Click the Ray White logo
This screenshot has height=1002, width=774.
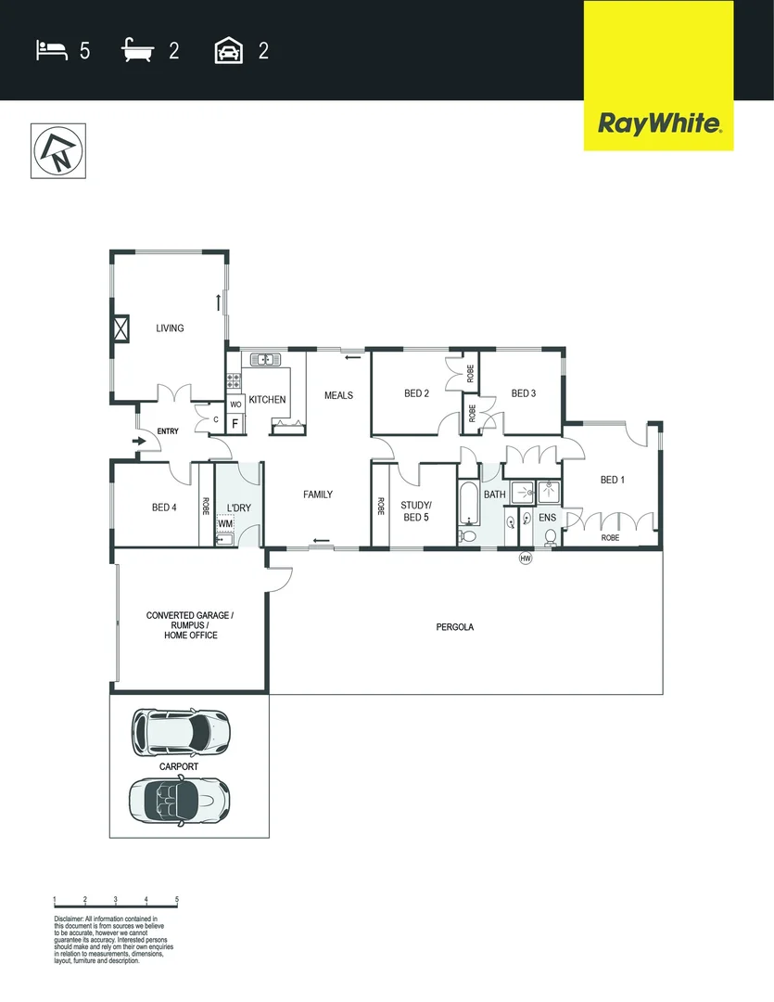coord(658,122)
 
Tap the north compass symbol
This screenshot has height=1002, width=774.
coord(57,150)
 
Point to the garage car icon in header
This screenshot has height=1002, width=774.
coord(228,50)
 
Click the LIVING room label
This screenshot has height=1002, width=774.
coord(170,328)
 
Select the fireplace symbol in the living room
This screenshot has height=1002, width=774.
coord(121,329)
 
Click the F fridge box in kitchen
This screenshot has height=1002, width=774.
coord(235,424)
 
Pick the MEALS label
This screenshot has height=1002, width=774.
coord(338,395)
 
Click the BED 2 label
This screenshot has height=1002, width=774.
coord(417,393)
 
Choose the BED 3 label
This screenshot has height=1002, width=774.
coord(524,393)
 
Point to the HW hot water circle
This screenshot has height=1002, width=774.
coord(526,558)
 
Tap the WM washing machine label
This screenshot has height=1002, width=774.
coord(225,524)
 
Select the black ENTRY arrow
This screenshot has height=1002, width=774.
coord(139,442)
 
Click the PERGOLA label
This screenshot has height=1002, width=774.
coord(455,627)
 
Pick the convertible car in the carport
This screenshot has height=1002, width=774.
coord(178,798)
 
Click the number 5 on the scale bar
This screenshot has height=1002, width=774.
coord(176,900)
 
